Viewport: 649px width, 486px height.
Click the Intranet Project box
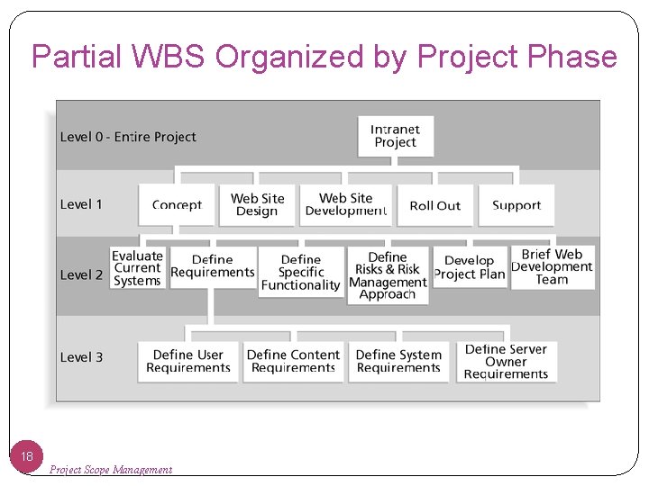pyautogui.click(x=395, y=136)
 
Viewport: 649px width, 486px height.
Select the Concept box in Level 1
pyautogui.click(x=177, y=205)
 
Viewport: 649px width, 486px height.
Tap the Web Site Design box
pyautogui.click(x=257, y=204)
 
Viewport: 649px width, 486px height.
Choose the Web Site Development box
pyautogui.click(x=345, y=204)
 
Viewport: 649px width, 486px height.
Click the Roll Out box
pyautogui.click(x=434, y=205)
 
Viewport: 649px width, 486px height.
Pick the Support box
pyautogui.click(x=516, y=205)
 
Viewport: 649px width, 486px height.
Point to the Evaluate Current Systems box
pyautogui.click(x=137, y=268)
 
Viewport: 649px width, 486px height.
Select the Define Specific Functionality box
pyautogui.click(x=301, y=273)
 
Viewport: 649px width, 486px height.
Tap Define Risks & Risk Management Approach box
pyautogui.click(x=388, y=275)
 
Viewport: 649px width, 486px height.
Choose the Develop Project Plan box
pyautogui.click(x=470, y=267)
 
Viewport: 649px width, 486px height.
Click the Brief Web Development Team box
pyautogui.click(x=552, y=267)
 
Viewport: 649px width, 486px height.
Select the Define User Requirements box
pyautogui.click(x=188, y=361)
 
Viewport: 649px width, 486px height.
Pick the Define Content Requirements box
pyautogui.click(x=294, y=361)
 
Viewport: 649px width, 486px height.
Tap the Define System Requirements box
pyautogui.click(x=398, y=361)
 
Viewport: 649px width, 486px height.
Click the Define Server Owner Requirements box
pyautogui.click(x=506, y=361)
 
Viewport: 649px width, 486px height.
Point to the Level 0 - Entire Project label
pyautogui.click(x=128, y=137)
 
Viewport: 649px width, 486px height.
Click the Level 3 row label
pyautogui.click(x=81, y=357)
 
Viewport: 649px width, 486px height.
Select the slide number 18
pyautogui.click(x=27, y=457)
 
